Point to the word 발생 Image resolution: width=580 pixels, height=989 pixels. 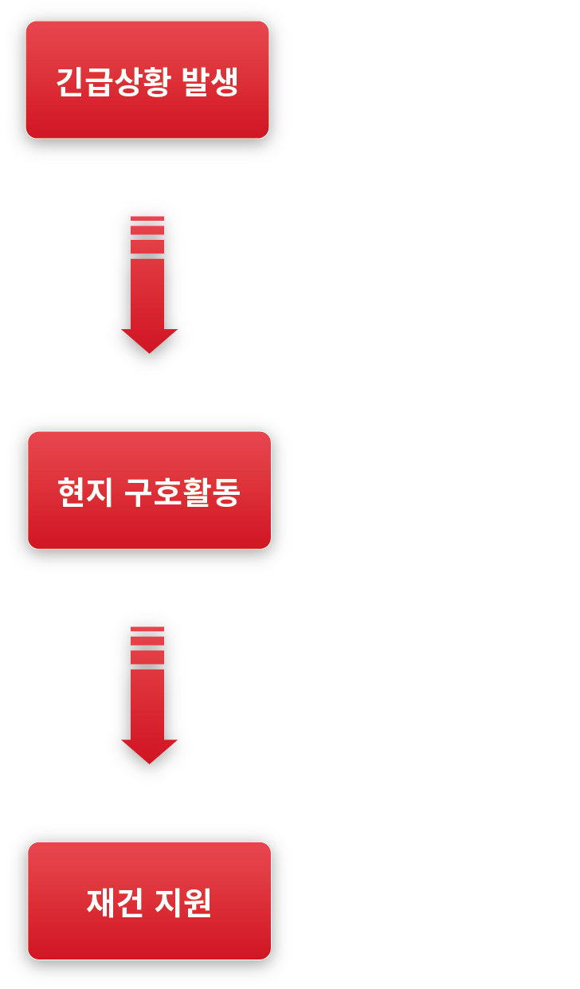[210, 82]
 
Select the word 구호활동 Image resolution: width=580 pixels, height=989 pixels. [182, 493]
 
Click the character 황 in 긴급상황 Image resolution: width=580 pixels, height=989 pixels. [156, 82]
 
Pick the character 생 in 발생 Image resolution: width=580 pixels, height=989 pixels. [225, 82]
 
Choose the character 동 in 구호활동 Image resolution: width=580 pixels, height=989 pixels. [226, 493]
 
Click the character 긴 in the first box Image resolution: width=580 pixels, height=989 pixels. [69, 82]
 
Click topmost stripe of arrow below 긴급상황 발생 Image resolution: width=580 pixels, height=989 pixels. [147, 218]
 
